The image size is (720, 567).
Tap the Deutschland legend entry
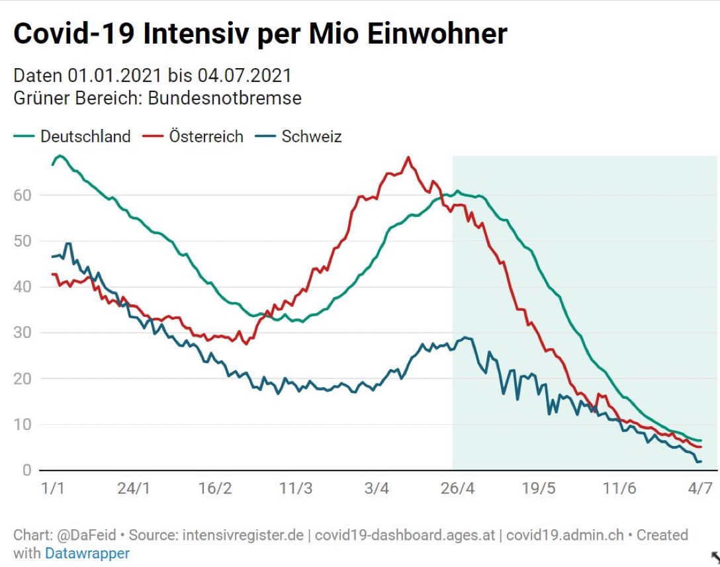click(x=85, y=137)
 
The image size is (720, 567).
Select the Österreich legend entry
click(x=206, y=137)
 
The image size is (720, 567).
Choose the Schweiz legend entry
click(x=311, y=137)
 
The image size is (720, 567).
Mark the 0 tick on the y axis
click(x=26, y=470)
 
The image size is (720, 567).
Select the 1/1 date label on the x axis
click(x=52, y=489)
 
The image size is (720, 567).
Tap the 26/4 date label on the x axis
click(x=457, y=489)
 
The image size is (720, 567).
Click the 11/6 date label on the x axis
click(x=619, y=489)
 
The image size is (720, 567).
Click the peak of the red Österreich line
click(x=408, y=157)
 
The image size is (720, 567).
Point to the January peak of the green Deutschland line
click(x=60, y=155)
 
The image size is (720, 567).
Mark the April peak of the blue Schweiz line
click(x=466, y=337)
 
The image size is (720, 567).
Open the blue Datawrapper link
click(x=87, y=553)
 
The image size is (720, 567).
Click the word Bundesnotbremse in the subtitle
click(x=224, y=99)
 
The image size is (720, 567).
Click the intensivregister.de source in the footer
click(x=244, y=535)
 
